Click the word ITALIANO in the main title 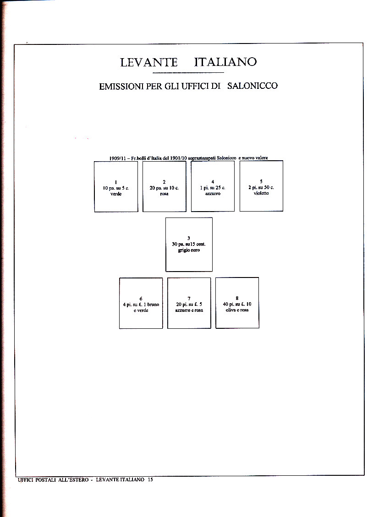pyautogui.click(x=225, y=62)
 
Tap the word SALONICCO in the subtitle pyautogui.click(x=252, y=86)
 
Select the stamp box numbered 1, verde pyautogui.click(x=116, y=186)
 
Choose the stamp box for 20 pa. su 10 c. pyautogui.click(x=164, y=186)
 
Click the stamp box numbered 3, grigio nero pyautogui.click(x=189, y=244)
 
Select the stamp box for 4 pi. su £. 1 pyautogui.click(x=141, y=303)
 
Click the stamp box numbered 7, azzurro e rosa pyautogui.click(x=189, y=303)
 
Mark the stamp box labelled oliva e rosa pyautogui.click(x=237, y=303)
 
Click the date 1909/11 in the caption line pyautogui.click(x=117, y=158)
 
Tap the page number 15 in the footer pyautogui.click(x=150, y=479)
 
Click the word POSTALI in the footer pyautogui.click(x=45, y=479)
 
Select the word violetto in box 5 pyautogui.click(x=261, y=193)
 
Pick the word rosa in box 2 pyautogui.click(x=164, y=194)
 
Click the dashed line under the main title pyautogui.click(x=188, y=72)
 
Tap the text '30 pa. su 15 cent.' pyautogui.click(x=189, y=245)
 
